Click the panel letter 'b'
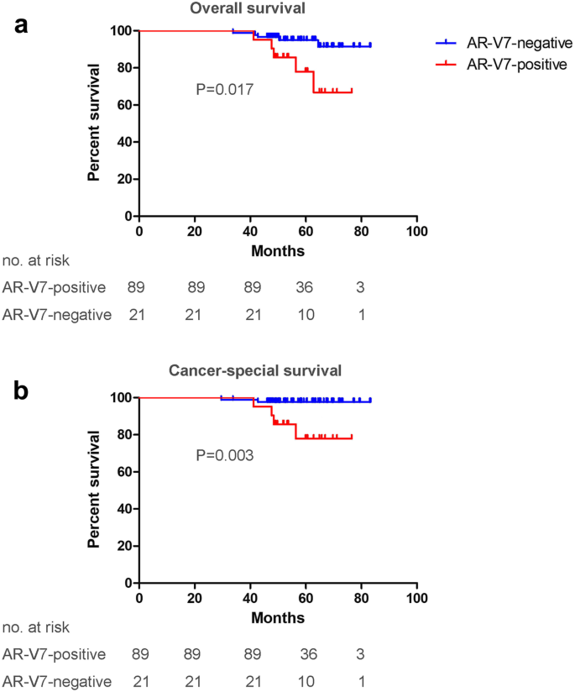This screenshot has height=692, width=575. click(x=23, y=391)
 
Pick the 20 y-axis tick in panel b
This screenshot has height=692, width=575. click(x=123, y=546)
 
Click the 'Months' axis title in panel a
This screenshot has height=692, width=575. click(x=277, y=250)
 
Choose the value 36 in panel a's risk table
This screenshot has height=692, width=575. click(x=304, y=287)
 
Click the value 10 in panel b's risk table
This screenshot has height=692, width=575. click(x=304, y=681)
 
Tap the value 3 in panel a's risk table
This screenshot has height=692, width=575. click(x=359, y=287)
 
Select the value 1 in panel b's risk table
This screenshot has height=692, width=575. click(x=360, y=681)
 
